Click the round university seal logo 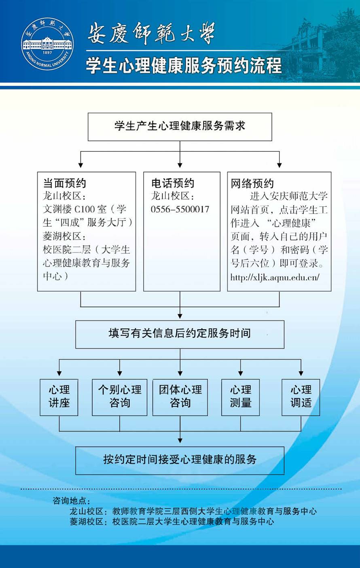pos(47,44)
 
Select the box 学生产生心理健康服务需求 pos(180,127)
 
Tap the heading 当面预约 pos(65,183)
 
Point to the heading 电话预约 pos(173,183)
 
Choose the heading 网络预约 pos(252,184)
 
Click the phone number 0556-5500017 pos(180,210)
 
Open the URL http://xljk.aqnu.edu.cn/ pos(275,278)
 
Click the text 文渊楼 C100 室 pos(74,210)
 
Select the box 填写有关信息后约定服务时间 pos(180,334)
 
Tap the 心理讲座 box pos(59,397)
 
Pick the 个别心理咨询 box pos(120,397)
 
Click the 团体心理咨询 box pos(180,397)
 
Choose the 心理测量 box pos(241,397)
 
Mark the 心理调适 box pos(301,397)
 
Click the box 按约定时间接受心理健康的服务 pos(180,460)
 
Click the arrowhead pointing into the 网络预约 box pos(280,165)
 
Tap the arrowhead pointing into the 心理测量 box pos(241,373)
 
